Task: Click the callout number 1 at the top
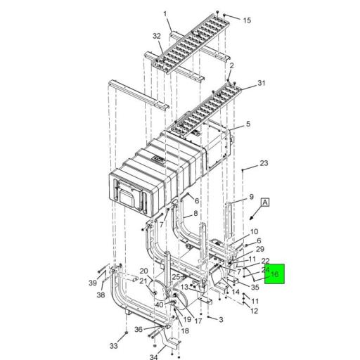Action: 166,13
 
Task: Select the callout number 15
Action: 247,20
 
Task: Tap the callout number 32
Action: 156,35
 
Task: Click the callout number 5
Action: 248,125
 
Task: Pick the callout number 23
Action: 264,163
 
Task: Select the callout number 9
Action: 250,198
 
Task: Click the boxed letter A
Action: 266,202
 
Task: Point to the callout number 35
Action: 255,287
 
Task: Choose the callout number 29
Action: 259,250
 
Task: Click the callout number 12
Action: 254,311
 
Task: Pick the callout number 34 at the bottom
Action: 174,359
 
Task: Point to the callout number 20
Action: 143,271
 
